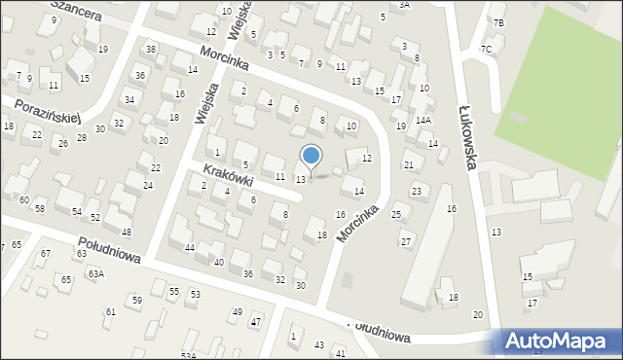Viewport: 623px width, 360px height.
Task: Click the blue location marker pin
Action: (311, 156)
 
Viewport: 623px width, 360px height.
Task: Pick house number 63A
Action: (95, 274)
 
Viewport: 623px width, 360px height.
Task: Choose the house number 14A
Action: (423, 121)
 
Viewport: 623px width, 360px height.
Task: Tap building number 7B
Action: (498, 22)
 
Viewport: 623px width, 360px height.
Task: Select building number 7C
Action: (486, 49)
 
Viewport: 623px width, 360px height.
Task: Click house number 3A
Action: (404, 5)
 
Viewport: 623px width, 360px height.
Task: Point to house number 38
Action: (150, 49)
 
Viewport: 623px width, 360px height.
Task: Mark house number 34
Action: (128, 99)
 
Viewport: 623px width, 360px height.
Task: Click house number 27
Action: (406, 241)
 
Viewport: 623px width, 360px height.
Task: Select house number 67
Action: (45, 253)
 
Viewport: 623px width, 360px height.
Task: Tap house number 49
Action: (237, 311)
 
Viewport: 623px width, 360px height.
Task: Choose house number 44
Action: (190, 248)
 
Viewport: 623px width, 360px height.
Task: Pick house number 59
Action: (137, 300)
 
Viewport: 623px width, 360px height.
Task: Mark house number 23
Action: (416, 191)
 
